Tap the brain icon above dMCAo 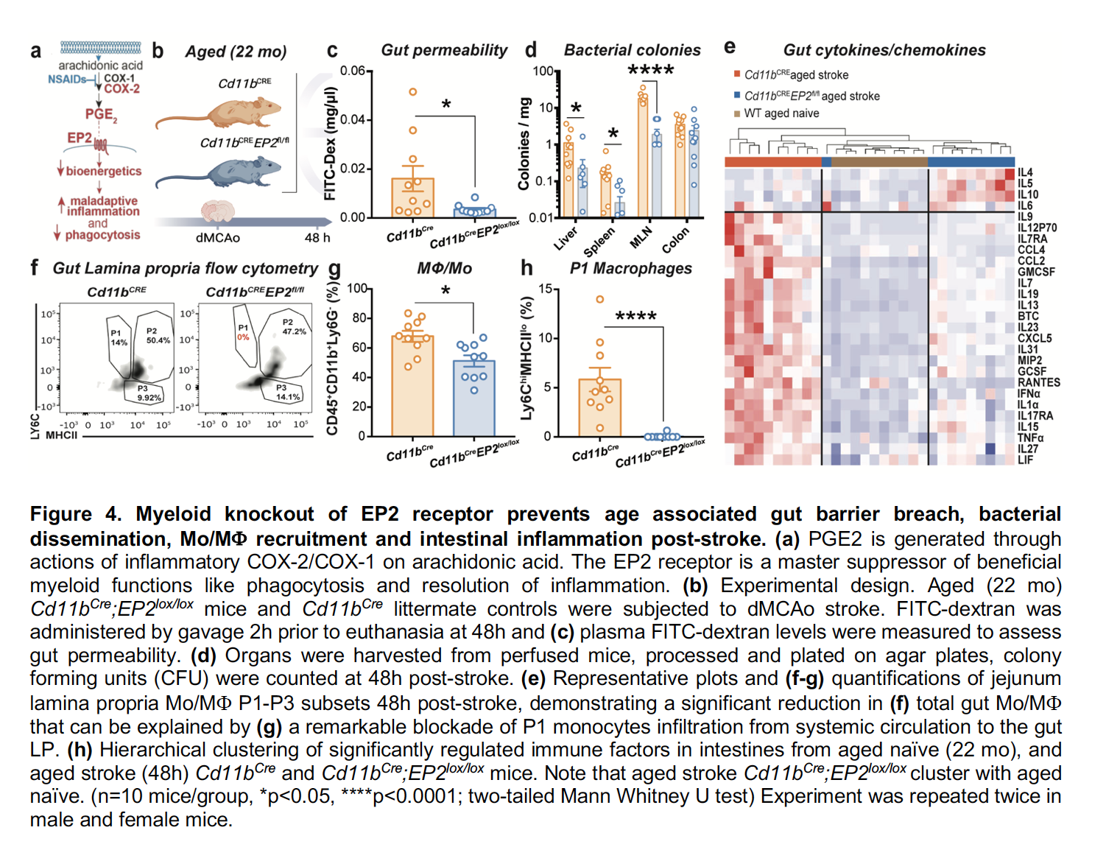(218, 211)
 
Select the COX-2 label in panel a (121, 89)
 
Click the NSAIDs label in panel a (67, 79)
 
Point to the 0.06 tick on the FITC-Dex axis (353, 71)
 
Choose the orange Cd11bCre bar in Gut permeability (412, 197)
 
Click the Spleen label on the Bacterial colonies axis (599, 241)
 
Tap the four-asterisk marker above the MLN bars (650, 71)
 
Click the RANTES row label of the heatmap (1038, 382)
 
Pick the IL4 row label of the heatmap (1025, 172)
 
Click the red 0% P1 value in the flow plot (243, 337)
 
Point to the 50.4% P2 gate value (158, 340)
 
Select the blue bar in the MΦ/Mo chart (473, 398)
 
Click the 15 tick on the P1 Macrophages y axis (545, 289)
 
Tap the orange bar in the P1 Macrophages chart (599, 407)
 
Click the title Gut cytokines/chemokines (884, 50)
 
